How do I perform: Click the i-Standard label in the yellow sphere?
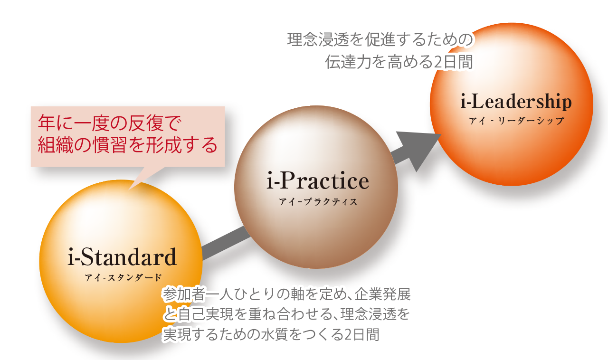pos(122,258)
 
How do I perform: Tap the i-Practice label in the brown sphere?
pos(317,181)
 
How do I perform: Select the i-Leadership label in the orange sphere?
pos(516,102)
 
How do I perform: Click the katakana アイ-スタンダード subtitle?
pos(122,278)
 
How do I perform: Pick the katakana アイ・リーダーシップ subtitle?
pos(516,121)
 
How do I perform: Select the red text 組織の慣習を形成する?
pos(127,144)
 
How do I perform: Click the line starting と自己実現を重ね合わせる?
pos(285,314)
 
